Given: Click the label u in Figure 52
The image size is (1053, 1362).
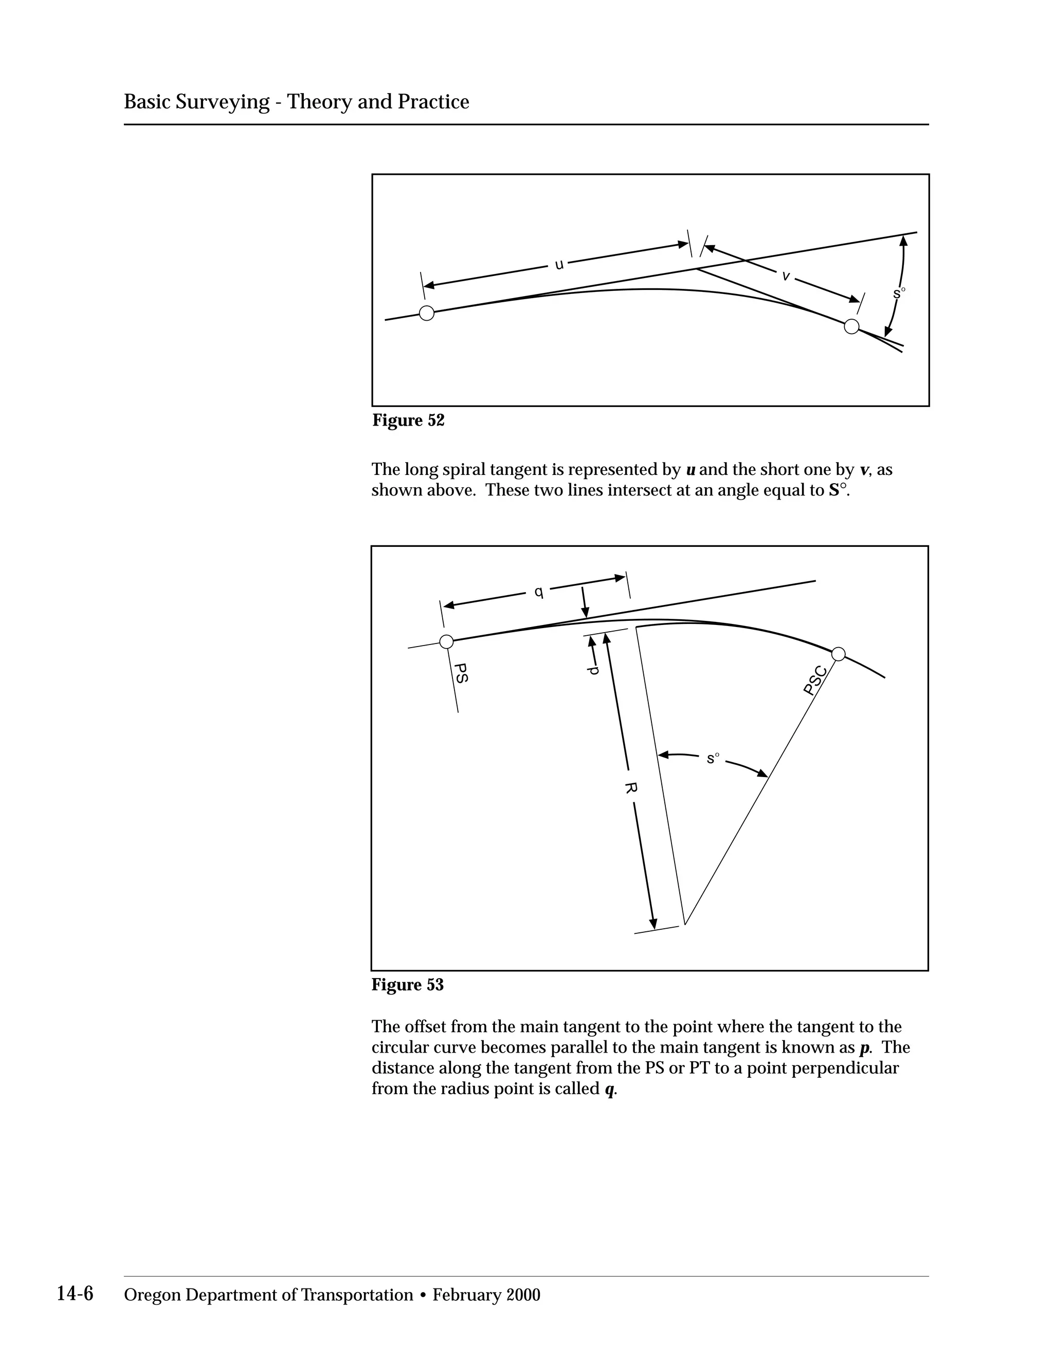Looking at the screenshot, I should [559, 264].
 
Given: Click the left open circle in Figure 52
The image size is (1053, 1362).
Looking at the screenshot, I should [427, 313].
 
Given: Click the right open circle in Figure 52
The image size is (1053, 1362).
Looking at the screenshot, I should [851, 326].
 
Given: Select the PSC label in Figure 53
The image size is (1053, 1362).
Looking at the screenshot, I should [815, 680].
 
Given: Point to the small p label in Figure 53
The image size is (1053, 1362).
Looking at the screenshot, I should [594, 670].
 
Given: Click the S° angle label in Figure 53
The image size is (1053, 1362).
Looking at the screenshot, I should [713, 758].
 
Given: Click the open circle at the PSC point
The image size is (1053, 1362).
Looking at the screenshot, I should [839, 654].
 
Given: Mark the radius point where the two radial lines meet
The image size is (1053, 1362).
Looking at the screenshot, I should [685, 924].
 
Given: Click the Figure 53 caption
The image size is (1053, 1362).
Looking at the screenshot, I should [407, 985].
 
